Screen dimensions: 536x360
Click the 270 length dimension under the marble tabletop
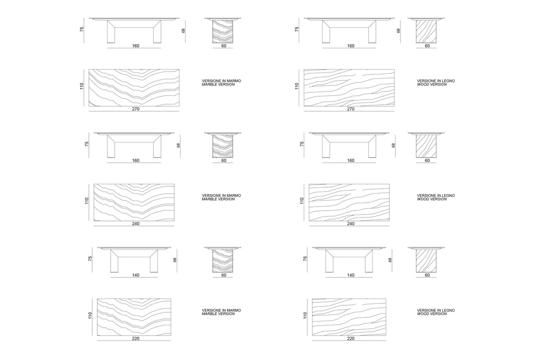(x=135, y=109)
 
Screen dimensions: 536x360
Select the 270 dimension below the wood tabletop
(x=351, y=109)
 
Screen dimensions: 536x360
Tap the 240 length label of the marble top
(x=135, y=223)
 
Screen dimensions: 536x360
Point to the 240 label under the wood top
(x=351, y=223)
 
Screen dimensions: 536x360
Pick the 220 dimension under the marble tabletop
(x=135, y=339)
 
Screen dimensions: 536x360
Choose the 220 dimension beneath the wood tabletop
(x=351, y=339)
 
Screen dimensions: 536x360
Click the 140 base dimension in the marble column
(x=135, y=275)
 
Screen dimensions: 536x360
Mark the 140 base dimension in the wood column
(x=351, y=275)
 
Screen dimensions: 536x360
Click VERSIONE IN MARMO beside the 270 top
(x=221, y=81)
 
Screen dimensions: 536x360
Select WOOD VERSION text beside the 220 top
(x=432, y=314)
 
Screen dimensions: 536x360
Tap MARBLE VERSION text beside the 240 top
(x=218, y=199)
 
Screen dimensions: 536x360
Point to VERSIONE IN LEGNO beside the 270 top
(x=436, y=81)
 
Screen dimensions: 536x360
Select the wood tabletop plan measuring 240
(x=349, y=203)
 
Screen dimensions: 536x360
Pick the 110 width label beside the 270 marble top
(x=82, y=86)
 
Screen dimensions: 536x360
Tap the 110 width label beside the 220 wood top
(x=305, y=315)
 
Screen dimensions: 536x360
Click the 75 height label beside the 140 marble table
(x=90, y=259)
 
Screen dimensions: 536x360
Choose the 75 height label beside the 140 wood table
(x=305, y=259)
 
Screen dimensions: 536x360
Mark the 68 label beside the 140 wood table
(x=390, y=260)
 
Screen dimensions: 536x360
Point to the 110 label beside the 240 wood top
(x=302, y=201)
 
